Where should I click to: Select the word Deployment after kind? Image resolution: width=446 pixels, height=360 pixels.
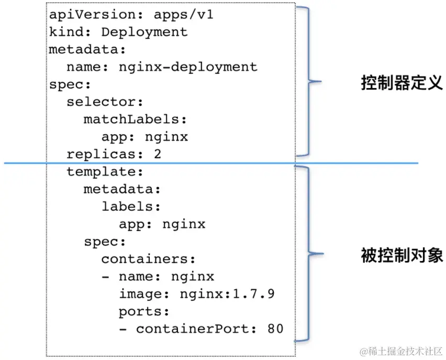(144, 32)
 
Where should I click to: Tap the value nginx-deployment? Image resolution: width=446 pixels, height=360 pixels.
(188, 67)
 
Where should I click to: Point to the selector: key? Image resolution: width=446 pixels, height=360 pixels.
(105, 102)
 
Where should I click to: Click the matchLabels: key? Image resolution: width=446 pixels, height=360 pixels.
(135, 119)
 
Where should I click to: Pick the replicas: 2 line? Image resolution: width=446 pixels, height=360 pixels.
(114, 155)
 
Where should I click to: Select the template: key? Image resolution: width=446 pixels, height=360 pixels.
(105, 172)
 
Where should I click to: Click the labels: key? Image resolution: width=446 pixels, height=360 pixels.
(131, 206)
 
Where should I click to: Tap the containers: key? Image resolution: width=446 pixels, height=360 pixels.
(148, 259)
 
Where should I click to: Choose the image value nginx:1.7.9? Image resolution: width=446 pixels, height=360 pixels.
(227, 294)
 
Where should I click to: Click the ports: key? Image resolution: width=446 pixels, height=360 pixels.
(144, 311)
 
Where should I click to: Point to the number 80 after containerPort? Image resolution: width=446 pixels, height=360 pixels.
(275, 329)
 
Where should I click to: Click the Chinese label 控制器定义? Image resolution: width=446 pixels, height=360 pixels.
(402, 83)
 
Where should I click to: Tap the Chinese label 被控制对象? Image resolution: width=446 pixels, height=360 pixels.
(402, 255)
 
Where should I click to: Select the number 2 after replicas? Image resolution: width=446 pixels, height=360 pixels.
(158, 155)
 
